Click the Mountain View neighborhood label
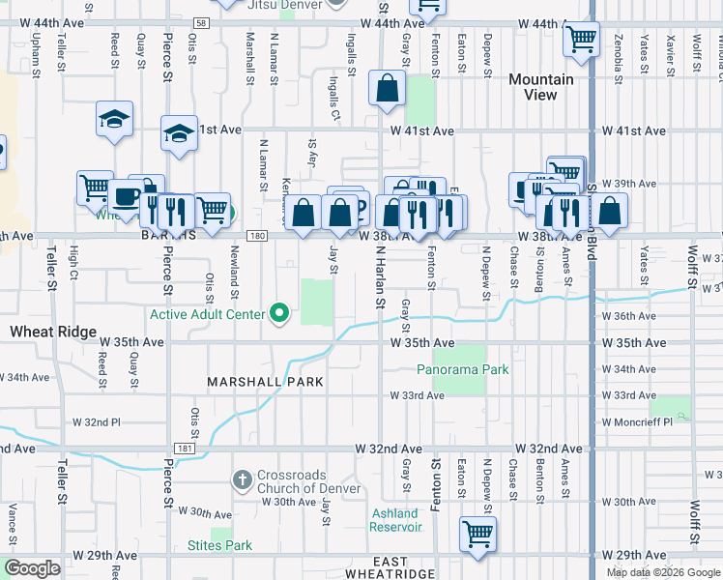(x=540, y=87)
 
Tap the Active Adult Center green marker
(x=280, y=313)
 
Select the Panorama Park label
(x=462, y=369)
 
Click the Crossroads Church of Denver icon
(x=242, y=479)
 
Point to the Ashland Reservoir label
(x=396, y=520)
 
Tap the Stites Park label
(x=219, y=545)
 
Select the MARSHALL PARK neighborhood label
(x=265, y=382)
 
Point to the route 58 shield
(x=200, y=22)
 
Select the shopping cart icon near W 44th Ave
(x=580, y=40)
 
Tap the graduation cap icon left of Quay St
(x=114, y=119)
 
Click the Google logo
(x=32, y=568)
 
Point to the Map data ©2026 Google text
(x=663, y=572)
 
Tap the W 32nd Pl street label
(x=97, y=422)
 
